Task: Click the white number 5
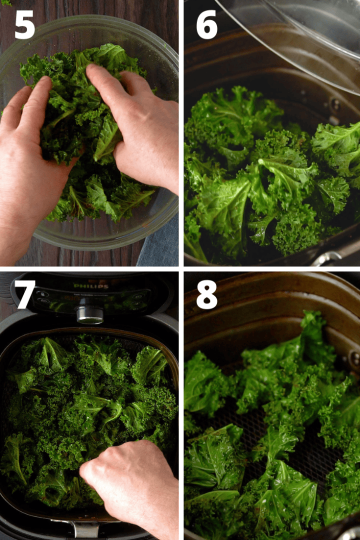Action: pos(24,24)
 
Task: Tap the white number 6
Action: pos(206,24)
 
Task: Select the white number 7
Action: pos(25,294)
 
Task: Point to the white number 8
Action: pos(206,294)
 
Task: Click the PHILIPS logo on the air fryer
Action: pos(86,286)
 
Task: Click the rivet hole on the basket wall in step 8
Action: pos(354,358)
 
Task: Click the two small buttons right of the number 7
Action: pos(42,297)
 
